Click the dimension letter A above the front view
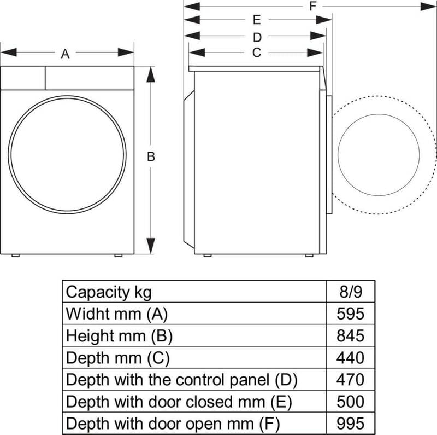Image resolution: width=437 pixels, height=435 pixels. [x=65, y=54]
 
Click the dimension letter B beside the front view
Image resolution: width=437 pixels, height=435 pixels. [x=151, y=156]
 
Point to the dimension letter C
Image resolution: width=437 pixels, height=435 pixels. [x=256, y=53]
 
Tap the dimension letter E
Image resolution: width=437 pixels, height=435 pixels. [x=256, y=20]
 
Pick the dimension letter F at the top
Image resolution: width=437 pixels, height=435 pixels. [x=312, y=7]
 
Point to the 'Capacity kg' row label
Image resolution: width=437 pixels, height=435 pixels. [x=109, y=292]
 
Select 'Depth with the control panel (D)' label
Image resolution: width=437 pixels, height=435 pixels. [x=185, y=380]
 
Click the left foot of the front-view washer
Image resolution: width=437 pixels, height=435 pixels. [x=16, y=256]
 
